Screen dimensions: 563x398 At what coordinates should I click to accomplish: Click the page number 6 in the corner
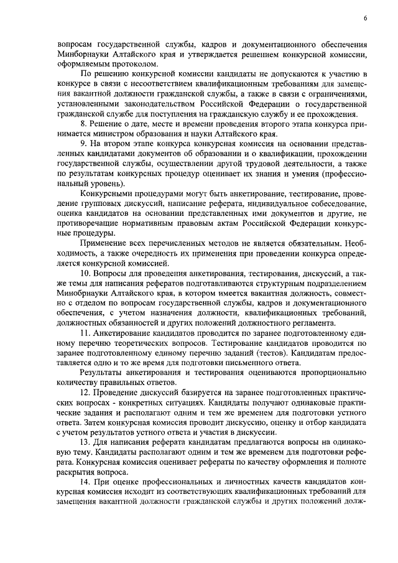366,19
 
